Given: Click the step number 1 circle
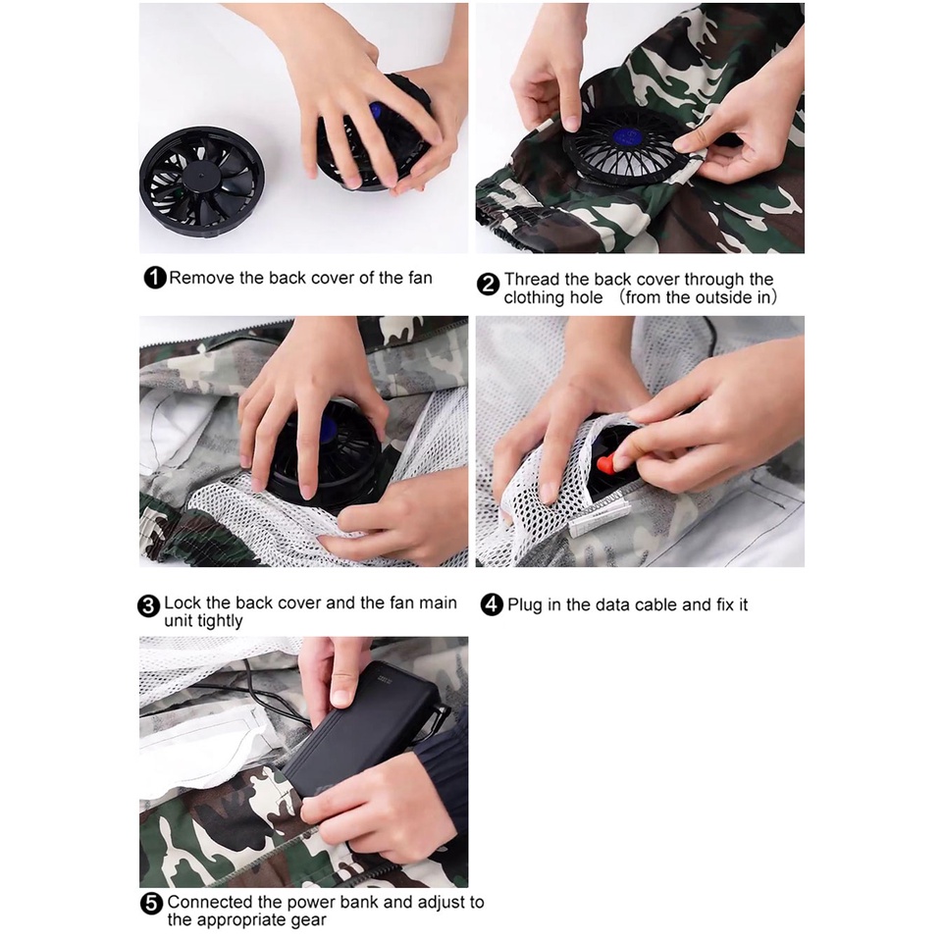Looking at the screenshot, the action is [155, 278].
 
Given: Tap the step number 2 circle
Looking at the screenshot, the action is [488, 285].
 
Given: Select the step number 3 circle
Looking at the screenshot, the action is [148, 606].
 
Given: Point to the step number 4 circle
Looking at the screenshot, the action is [492, 604].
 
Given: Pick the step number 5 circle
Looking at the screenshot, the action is [151, 904].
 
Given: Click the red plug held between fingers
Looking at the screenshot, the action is [606, 464].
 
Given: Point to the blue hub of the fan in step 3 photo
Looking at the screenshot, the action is [327, 429].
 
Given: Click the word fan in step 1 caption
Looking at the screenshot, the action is [420, 278].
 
